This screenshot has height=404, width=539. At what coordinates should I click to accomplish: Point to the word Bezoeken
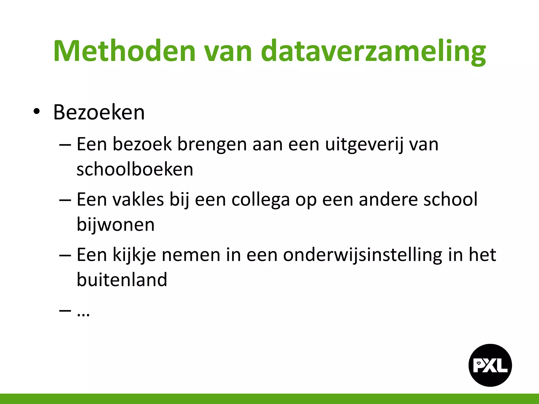coord(99,113)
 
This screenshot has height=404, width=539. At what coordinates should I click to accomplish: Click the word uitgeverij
coord(364,145)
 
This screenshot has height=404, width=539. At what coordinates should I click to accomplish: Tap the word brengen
coord(212,145)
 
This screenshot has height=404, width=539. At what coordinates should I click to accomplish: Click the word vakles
coord(138,199)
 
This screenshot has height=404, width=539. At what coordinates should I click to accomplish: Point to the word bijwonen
coord(116,225)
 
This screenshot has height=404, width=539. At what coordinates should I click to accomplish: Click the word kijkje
coord(134,255)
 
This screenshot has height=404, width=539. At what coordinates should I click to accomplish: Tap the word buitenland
coord(122,279)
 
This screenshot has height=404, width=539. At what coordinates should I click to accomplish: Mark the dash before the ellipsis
coord(65,311)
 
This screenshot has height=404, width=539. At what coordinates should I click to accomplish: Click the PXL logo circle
coord(490,365)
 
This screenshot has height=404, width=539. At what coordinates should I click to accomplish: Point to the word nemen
coord(191,255)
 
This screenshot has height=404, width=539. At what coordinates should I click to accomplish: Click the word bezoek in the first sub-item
coord(142,145)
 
